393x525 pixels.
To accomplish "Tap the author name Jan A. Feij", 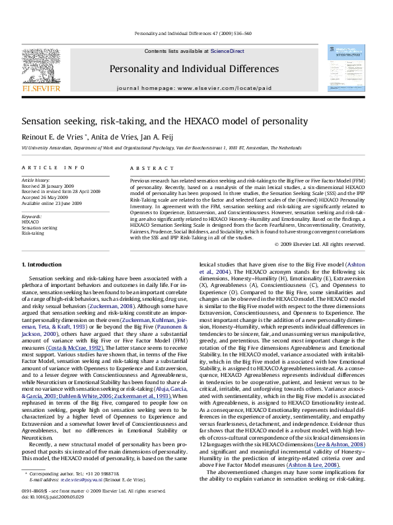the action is [x=149, y=136].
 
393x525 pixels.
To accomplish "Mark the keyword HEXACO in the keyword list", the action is [x=30, y=222].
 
